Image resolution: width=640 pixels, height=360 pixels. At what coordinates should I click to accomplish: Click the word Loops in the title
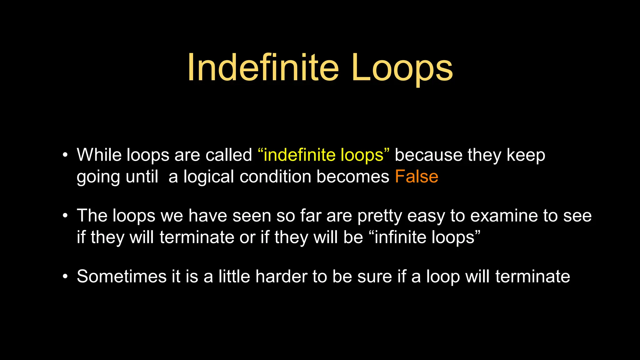tap(402, 67)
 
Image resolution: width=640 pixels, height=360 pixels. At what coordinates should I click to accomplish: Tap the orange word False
tap(416, 177)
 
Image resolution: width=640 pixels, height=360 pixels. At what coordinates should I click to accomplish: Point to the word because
tap(428, 155)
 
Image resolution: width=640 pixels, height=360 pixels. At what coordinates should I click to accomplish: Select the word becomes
tap(353, 177)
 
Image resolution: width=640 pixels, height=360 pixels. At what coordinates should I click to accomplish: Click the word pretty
tap(379, 216)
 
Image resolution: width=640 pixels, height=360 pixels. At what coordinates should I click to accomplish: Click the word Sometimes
tap(122, 277)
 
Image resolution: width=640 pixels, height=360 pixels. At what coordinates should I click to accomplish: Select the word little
tap(234, 277)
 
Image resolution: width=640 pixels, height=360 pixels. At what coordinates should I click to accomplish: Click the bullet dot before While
tap(65, 155)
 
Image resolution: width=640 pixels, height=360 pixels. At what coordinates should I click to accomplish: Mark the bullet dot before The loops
tap(65, 216)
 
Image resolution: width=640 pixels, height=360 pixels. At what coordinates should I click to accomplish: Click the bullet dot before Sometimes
tap(65, 277)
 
